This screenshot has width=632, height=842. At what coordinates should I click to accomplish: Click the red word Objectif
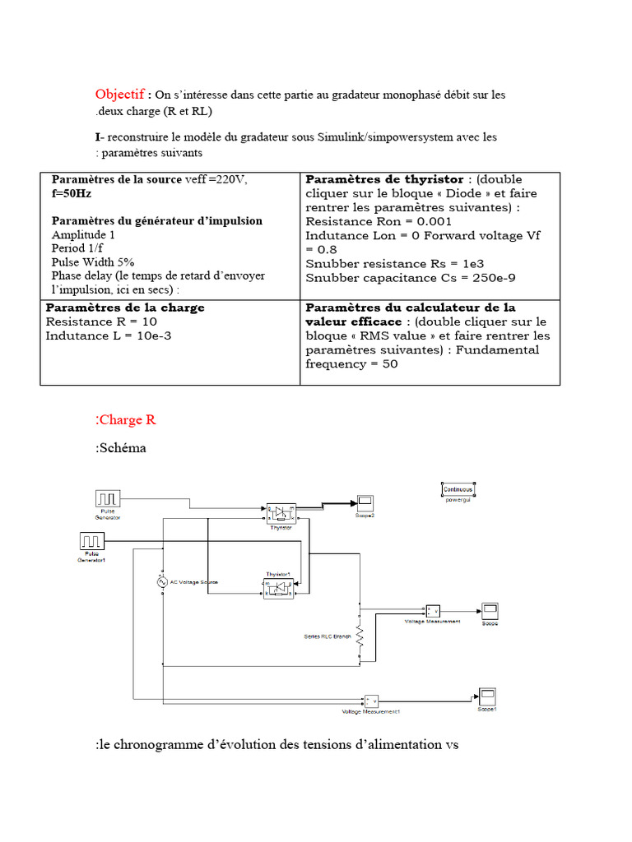click(x=119, y=95)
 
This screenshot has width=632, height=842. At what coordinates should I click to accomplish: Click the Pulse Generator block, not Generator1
click(x=108, y=498)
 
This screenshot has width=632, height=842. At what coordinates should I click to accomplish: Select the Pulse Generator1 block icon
click(x=92, y=541)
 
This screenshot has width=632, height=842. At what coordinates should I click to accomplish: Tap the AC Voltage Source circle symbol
click(x=162, y=581)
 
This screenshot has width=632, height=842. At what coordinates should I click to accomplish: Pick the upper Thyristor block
click(x=281, y=513)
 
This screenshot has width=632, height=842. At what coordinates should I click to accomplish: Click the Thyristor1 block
click(x=277, y=588)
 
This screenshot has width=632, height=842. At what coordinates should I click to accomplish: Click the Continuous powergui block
click(x=458, y=488)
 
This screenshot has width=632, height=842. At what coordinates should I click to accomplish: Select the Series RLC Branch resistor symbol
click(x=359, y=636)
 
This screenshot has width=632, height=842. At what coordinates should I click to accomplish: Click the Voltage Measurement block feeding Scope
click(x=431, y=610)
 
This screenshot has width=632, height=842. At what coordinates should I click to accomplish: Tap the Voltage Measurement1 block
click(x=371, y=701)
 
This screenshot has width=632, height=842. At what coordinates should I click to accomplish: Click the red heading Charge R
click(x=128, y=420)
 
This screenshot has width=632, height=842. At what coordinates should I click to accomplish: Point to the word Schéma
click(x=122, y=448)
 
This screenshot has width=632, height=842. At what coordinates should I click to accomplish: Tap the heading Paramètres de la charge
click(x=125, y=308)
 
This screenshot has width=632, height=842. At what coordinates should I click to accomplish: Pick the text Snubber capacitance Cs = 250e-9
click(x=410, y=277)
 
